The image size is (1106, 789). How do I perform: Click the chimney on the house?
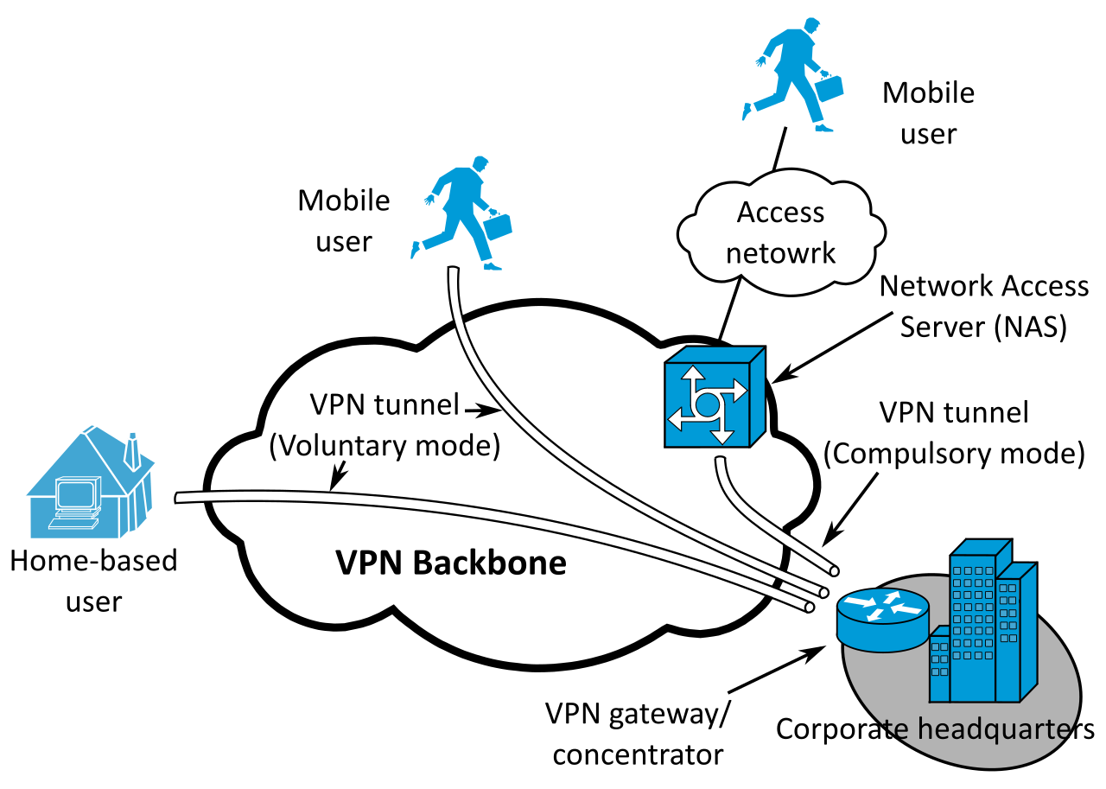132,453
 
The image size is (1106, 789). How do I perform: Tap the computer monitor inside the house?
75,494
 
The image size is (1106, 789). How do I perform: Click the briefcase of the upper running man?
829,88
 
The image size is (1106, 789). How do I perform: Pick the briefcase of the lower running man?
498,226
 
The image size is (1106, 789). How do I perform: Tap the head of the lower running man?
480,163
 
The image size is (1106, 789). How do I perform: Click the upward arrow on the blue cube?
693,377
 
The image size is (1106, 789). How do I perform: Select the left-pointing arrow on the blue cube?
679,419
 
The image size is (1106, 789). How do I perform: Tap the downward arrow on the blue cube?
721,432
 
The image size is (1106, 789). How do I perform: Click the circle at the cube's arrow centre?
707,404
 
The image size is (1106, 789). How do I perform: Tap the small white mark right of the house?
205,496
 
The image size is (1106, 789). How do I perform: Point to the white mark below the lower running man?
459,321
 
